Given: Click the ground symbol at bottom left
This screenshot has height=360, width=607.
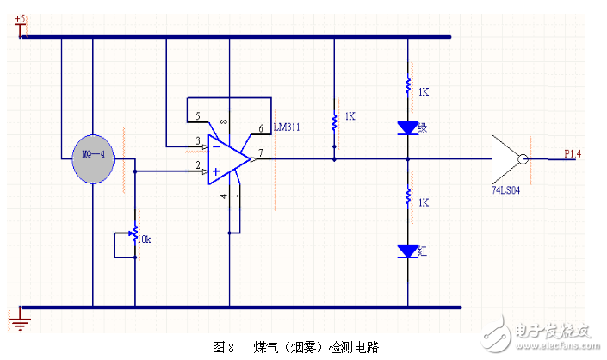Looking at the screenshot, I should pos(22,322).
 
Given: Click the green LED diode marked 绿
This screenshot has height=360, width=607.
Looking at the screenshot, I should pos(407,127).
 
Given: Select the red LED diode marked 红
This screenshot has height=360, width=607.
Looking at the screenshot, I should pos(407,251).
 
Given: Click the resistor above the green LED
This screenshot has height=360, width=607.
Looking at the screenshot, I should pos(407,87).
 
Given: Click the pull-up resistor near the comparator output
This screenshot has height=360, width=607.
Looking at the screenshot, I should pos(334,120).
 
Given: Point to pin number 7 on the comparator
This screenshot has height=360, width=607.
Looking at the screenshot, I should pos(261,152).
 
